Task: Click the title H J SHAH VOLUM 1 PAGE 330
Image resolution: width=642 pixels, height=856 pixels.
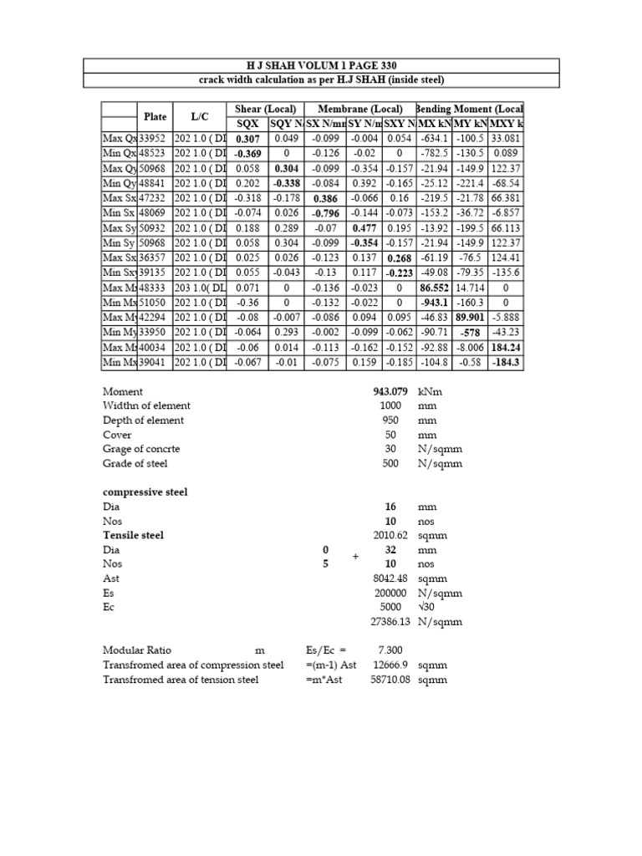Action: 320,65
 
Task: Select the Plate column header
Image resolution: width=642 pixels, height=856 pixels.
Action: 155,116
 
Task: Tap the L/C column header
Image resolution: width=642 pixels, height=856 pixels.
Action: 199,116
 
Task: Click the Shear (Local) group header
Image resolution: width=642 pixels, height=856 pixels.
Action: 260,110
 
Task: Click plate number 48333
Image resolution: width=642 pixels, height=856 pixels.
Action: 154,288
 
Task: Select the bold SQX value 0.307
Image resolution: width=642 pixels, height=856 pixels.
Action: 247,139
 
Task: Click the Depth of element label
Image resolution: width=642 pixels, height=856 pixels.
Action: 143,420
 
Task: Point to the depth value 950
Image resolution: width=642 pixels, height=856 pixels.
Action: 390,420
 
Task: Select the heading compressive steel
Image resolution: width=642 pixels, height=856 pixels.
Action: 145,492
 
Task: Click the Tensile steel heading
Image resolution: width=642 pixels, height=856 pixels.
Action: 133,535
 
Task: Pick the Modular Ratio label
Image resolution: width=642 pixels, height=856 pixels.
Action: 138,650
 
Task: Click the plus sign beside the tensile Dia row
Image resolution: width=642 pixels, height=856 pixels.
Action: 355,557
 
